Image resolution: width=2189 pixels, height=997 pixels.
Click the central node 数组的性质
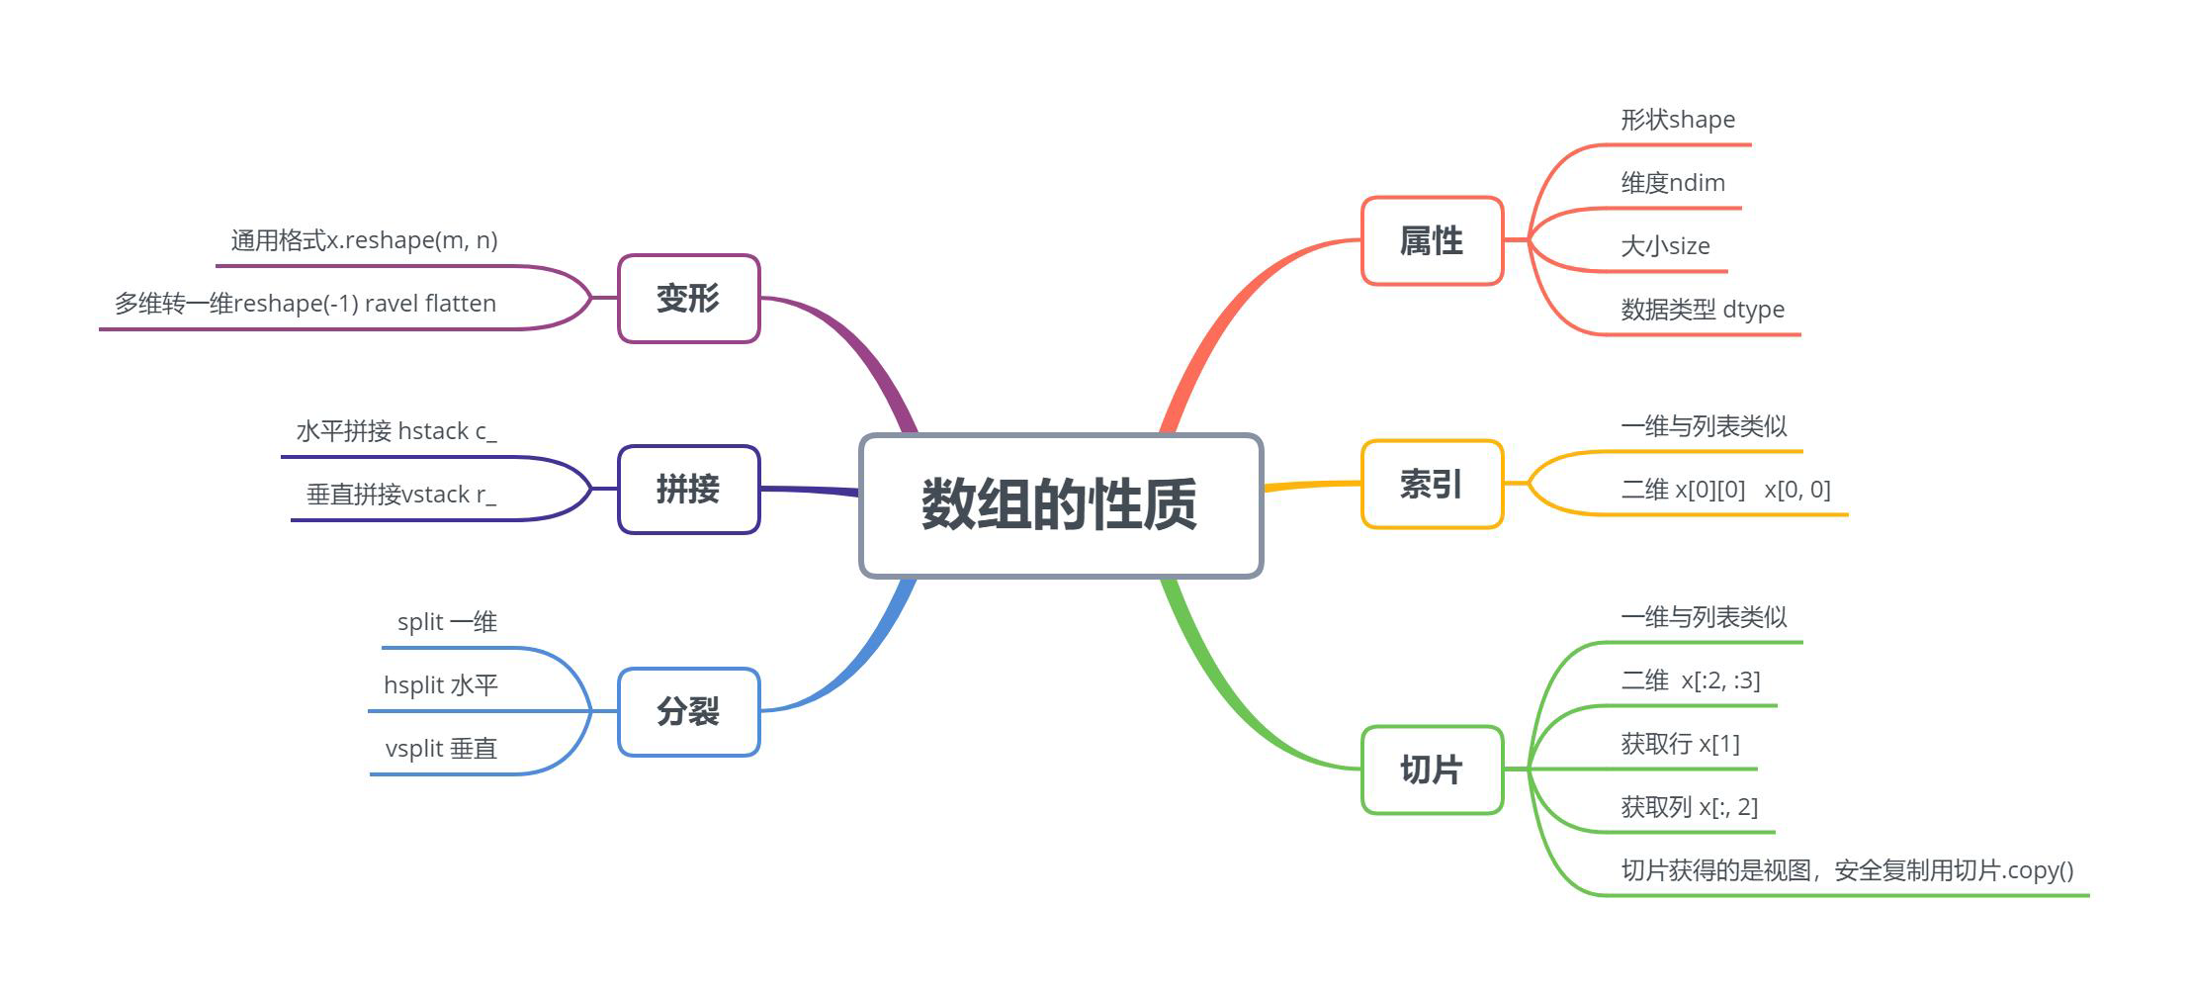point(1061,504)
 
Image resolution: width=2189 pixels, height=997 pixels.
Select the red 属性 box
point(1432,241)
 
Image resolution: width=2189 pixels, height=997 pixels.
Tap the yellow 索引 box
point(1432,485)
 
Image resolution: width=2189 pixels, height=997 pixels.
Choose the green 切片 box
point(1432,770)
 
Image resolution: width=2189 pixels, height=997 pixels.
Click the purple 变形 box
point(688,299)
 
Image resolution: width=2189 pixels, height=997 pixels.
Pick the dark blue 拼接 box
point(688,490)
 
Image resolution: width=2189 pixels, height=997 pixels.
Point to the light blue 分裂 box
point(688,712)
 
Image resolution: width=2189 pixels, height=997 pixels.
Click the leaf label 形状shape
point(1678,120)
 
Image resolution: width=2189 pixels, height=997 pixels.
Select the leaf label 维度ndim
point(1673,183)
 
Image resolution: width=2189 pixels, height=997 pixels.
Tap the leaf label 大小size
point(1665,246)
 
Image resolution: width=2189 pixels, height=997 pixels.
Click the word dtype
point(1753,310)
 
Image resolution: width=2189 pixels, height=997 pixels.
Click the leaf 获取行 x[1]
point(1680,744)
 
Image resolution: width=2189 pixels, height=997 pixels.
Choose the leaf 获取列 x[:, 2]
point(1689,807)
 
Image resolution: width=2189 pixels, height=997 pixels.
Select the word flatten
point(460,304)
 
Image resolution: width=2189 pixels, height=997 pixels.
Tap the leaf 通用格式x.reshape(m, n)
point(364,240)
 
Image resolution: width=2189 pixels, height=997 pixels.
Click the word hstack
point(432,431)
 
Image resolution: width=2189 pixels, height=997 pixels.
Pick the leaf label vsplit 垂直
point(441,749)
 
